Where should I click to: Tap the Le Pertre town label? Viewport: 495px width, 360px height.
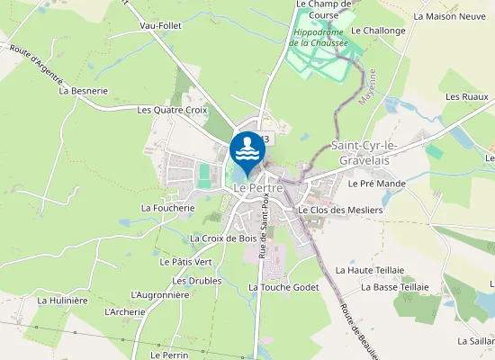coord(257,187)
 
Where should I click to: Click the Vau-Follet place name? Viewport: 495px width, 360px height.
coord(161,26)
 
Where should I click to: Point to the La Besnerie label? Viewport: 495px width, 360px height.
coord(83,91)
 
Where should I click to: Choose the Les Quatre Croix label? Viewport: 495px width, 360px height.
coord(172,110)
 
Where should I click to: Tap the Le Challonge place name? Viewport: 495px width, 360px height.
coord(378,31)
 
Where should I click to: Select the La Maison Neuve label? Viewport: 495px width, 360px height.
coord(449,16)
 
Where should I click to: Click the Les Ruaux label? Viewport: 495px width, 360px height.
coord(466,96)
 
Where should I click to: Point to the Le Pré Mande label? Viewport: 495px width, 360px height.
coord(376,184)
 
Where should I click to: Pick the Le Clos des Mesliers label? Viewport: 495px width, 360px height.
coord(339,210)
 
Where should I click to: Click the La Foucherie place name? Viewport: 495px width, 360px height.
coord(167,207)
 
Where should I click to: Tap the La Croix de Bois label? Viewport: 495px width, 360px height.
coord(223,238)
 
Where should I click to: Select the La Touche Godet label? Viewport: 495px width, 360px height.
coord(283,287)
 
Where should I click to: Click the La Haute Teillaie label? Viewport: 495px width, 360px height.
coord(369,269)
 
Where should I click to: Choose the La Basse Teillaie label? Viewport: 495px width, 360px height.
coord(394,287)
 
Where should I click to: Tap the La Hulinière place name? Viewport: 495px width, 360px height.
coord(61,300)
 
